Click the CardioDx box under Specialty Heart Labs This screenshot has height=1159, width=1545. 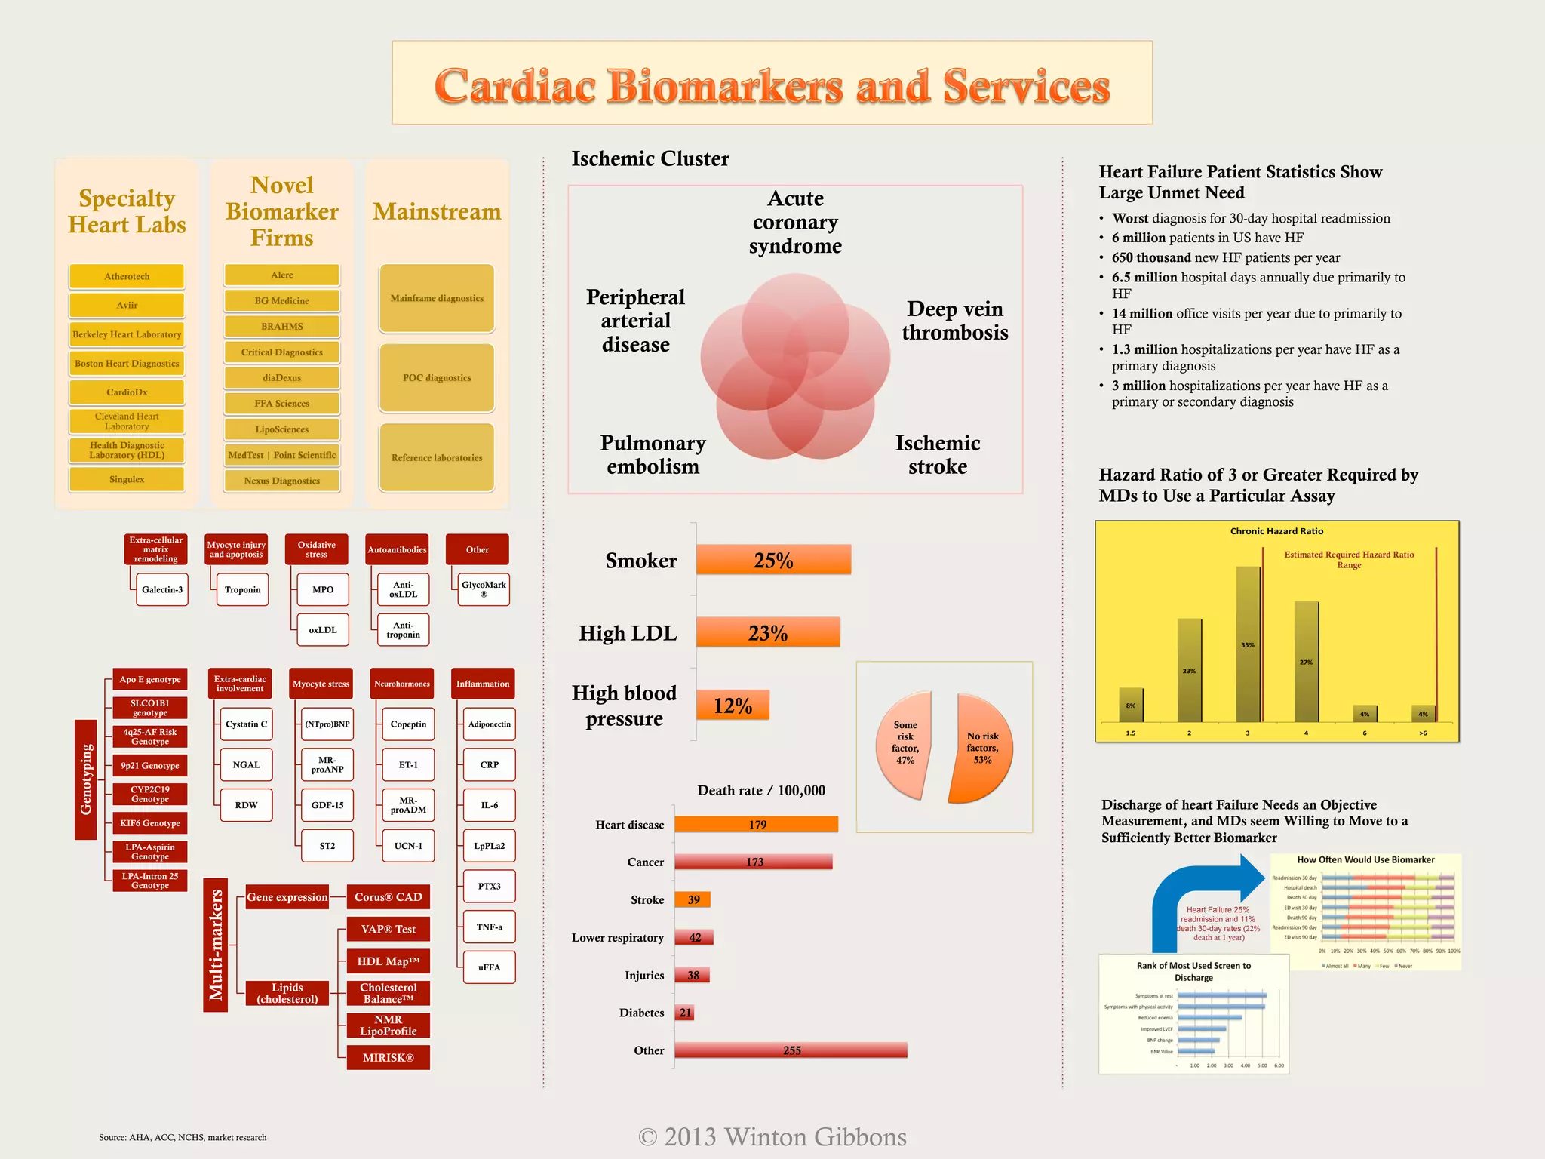(x=127, y=392)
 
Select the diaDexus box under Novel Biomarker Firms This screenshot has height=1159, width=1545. (x=282, y=378)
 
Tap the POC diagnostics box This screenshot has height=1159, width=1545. (x=437, y=378)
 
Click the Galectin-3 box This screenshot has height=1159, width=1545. (x=162, y=589)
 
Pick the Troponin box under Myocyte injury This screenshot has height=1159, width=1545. (x=242, y=589)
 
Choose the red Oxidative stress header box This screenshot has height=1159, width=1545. (x=316, y=549)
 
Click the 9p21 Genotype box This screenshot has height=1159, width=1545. (x=150, y=766)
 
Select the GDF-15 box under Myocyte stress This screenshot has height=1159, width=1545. (x=327, y=805)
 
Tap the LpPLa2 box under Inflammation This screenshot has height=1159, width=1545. (x=489, y=846)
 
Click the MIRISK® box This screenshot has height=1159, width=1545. (x=388, y=1058)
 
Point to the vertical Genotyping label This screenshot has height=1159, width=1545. (x=86, y=779)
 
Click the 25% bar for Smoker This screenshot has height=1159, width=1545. (x=773, y=560)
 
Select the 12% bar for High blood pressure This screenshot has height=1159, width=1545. (x=733, y=706)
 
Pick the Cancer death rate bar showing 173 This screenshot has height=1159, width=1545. (x=754, y=862)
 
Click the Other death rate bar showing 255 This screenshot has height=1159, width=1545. (x=791, y=1050)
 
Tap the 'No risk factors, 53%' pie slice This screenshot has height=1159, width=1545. (x=981, y=747)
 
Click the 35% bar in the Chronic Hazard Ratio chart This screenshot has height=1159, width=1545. (x=1248, y=645)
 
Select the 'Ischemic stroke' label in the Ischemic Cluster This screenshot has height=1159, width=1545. (x=938, y=454)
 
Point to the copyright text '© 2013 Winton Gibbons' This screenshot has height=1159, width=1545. (x=772, y=1137)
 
